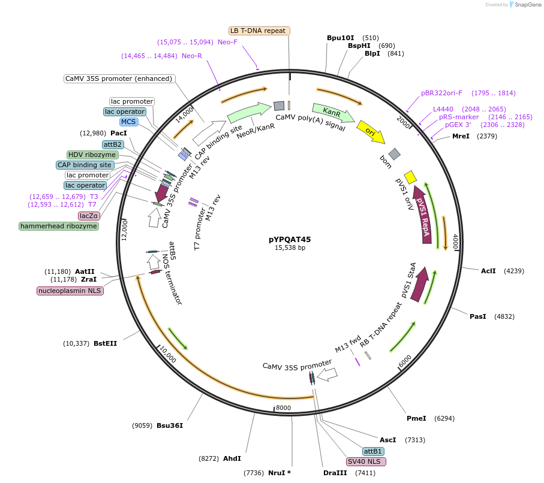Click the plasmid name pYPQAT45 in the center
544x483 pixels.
290,239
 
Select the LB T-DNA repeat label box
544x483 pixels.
259,31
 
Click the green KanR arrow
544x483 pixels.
333,112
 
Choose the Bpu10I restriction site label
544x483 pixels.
341,38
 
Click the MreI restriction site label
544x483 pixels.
461,136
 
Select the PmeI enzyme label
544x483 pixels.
416,418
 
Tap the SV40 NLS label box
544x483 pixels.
366,462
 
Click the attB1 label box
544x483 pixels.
372,451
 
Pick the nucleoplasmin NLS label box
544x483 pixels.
70,291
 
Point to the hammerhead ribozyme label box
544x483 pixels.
58,226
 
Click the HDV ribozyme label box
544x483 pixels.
92,155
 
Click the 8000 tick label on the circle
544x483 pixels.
283,408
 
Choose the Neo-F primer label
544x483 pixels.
227,42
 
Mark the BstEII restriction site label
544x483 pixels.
105,343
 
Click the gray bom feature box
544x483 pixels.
394,154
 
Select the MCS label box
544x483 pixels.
128,122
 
